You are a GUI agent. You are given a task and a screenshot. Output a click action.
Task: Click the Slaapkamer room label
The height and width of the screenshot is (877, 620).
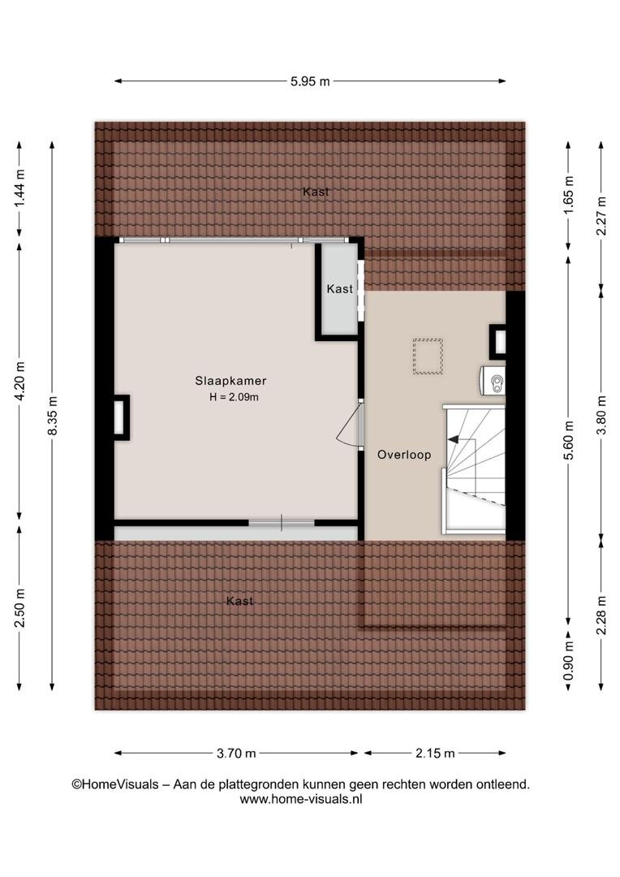point(230,381)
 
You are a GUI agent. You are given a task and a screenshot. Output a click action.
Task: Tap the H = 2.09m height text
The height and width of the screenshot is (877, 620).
point(234,398)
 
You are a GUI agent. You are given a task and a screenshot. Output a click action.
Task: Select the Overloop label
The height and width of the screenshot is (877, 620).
point(404,455)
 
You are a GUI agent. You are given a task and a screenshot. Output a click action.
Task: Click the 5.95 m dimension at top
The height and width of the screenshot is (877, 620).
point(310,82)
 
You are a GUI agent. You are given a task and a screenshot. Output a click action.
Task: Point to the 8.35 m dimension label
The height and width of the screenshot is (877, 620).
point(52,416)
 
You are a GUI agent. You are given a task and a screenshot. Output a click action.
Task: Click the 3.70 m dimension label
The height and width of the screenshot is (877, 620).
point(236,754)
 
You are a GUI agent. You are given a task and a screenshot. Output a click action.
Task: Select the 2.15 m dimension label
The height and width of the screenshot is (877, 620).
point(435,754)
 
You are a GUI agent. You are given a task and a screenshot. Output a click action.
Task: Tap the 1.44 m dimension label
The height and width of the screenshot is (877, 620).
point(19,188)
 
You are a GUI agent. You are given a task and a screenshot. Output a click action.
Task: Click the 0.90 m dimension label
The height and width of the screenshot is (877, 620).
point(568,661)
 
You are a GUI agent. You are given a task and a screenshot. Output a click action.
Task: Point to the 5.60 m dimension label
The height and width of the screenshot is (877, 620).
point(568,440)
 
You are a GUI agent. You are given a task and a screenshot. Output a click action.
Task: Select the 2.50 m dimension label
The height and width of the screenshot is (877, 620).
point(19,608)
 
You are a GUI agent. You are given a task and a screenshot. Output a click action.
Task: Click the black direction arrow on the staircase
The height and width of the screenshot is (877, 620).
point(454,439)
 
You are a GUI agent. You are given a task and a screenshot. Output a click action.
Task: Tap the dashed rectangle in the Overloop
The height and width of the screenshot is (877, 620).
point(428,356)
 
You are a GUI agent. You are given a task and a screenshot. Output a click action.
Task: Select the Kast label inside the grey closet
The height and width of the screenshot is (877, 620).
point(340,289)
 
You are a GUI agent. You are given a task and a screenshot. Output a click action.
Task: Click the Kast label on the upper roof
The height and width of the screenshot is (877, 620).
point(316,192)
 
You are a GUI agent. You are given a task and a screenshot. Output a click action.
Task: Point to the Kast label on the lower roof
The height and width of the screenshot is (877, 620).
point(240,601)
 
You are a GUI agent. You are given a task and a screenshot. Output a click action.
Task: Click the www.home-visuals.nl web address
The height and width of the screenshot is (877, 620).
point(301,799)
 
